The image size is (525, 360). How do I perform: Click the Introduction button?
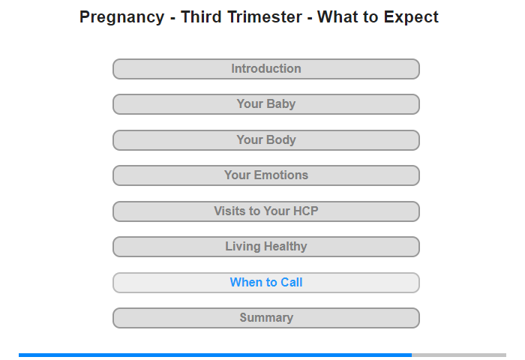(266, 69)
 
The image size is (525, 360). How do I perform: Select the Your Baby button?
(266, 104)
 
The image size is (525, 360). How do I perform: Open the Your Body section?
(266, 140)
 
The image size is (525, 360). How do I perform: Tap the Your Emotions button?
(266, 175)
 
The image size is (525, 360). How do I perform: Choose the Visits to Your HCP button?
(266, 211)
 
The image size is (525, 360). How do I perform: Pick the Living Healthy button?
(266, 247)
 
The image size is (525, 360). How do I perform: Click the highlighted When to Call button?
(266, 283)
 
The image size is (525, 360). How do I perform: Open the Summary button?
(266, 318)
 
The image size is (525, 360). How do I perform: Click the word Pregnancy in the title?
(121, 17)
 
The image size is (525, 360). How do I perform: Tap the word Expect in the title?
(411, 17)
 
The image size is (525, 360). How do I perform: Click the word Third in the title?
(201, 16)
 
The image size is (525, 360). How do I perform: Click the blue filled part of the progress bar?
(215, 355)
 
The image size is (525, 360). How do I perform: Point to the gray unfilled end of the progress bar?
(459, 355)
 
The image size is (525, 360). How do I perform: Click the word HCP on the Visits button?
(306, 211)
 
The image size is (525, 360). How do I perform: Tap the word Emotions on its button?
(281, 175)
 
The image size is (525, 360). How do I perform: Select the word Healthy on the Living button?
(285, 247)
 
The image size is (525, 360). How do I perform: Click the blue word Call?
(291, 282)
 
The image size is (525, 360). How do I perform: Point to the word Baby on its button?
(280, 104)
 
